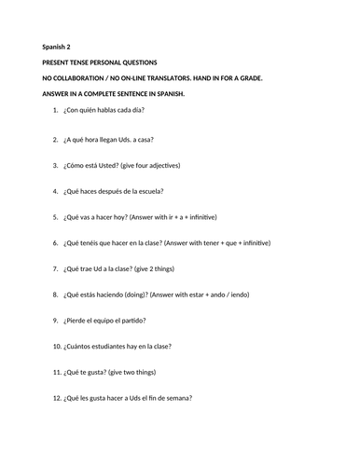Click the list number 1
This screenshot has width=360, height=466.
pyautogui.click(x=56, y=111)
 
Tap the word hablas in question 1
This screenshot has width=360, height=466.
pyautogui.click(x=111, y=111)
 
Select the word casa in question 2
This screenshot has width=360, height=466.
pyautogui.click(x=145, y=138)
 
